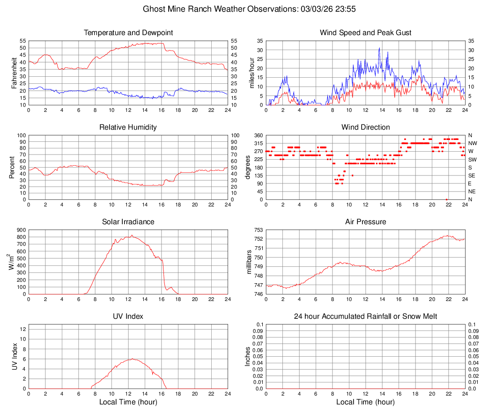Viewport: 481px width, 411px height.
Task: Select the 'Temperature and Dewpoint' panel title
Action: pyautogui.click(x=128, y=33)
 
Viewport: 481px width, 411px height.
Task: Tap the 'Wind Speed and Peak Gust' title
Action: pyautogui.click(x=366, y=33)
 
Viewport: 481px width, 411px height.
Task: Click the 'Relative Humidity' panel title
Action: pyautogui.click(x=128, y=127)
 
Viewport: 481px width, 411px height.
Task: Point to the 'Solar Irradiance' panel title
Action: pyautogui.click(x=128, y=222)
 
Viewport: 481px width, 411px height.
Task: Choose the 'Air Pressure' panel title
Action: pyautogui.click(x=366, y=222)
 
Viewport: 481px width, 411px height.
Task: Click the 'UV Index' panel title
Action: pyautogui.click(x=128, y=316)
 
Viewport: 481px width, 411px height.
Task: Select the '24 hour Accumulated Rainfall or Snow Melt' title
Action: pyautogui.click(x=366, y=316)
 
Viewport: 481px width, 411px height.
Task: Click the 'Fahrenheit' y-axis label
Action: pyautogui.click(x=14, y=73)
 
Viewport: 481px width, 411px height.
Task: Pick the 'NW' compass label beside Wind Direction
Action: pyautogui.click(x=473, y=143)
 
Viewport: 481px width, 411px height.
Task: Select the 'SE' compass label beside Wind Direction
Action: pyautogui.click(x=473, y=176)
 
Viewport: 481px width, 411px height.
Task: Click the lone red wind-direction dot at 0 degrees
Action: pyautogui.click(x=447, y=199)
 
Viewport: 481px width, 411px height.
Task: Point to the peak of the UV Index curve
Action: pyautogui.click(x=133, y=359)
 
